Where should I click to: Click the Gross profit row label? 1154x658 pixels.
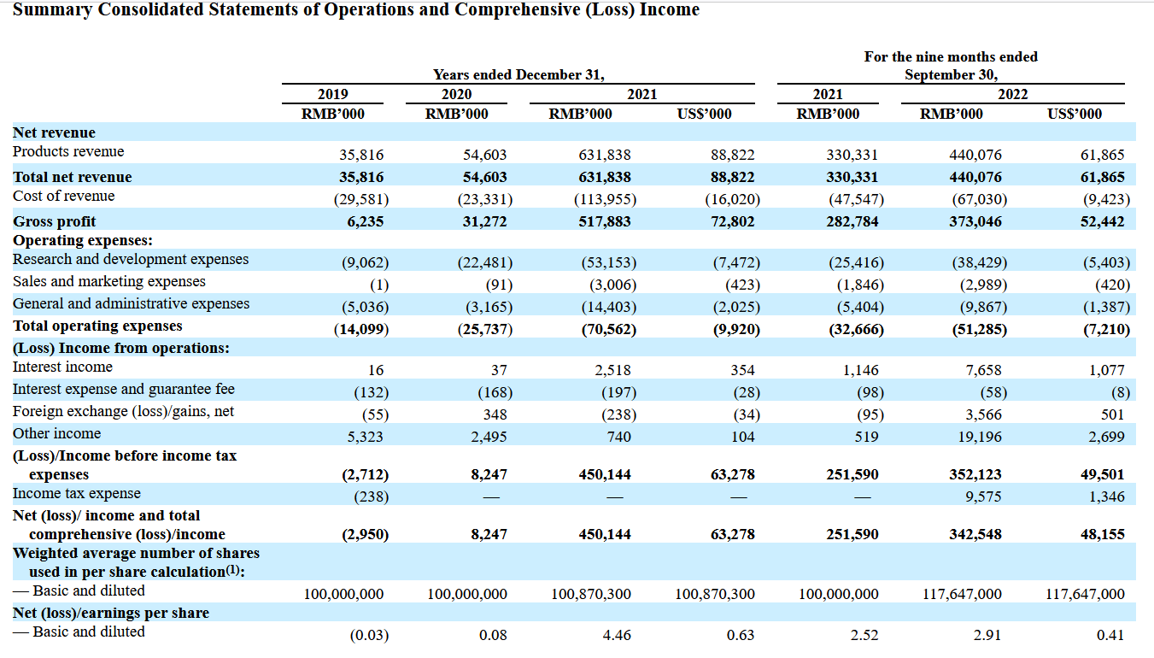pos(54,221)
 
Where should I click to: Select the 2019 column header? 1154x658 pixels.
pos(333,94)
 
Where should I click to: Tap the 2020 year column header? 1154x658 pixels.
pos(456,94)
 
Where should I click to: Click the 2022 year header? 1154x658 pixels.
pos(1013,94)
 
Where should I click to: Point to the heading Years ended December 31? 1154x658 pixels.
pos(518,74)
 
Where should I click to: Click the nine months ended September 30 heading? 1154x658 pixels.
pos(951,66)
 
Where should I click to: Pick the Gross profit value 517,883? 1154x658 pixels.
pos(605,221)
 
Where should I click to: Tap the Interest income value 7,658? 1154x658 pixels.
pos(983,370)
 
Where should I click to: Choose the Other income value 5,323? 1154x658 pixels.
pos(366,437)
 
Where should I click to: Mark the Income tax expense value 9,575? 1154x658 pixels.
pos(983,496)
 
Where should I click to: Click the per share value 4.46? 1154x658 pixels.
pos(617,635)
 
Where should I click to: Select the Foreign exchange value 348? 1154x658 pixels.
pos(495,414)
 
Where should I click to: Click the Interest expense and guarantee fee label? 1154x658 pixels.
pos(124,389)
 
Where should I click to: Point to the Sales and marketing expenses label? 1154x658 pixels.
pos(109,281)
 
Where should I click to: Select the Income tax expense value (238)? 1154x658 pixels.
pos(371,496)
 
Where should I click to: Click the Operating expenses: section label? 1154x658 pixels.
pos(82,241)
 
